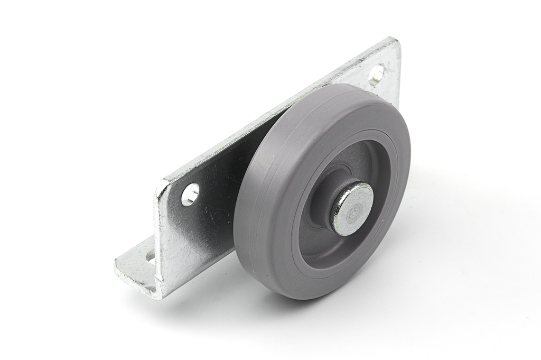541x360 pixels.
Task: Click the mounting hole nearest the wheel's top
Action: click(x=376, y=75)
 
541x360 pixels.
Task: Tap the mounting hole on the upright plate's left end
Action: click(x=190, y=194)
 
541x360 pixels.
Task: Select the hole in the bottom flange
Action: click(x=151, y=259)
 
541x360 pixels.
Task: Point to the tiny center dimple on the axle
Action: click(x=356, y=208)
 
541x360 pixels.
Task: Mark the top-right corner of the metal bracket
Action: click(x=395, y=40)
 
